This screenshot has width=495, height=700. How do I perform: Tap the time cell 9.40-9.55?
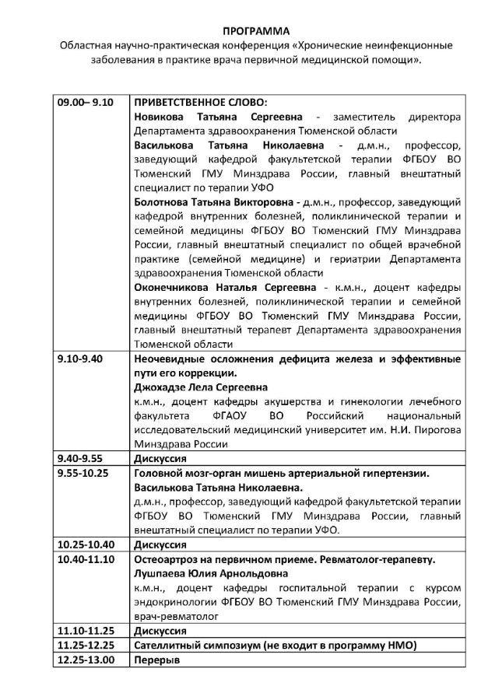(81, 458)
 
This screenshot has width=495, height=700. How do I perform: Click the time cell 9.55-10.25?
(84, 473)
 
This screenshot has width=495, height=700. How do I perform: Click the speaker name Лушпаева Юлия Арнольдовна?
(205, 572)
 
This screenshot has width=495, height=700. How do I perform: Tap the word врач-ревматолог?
(176, 615)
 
